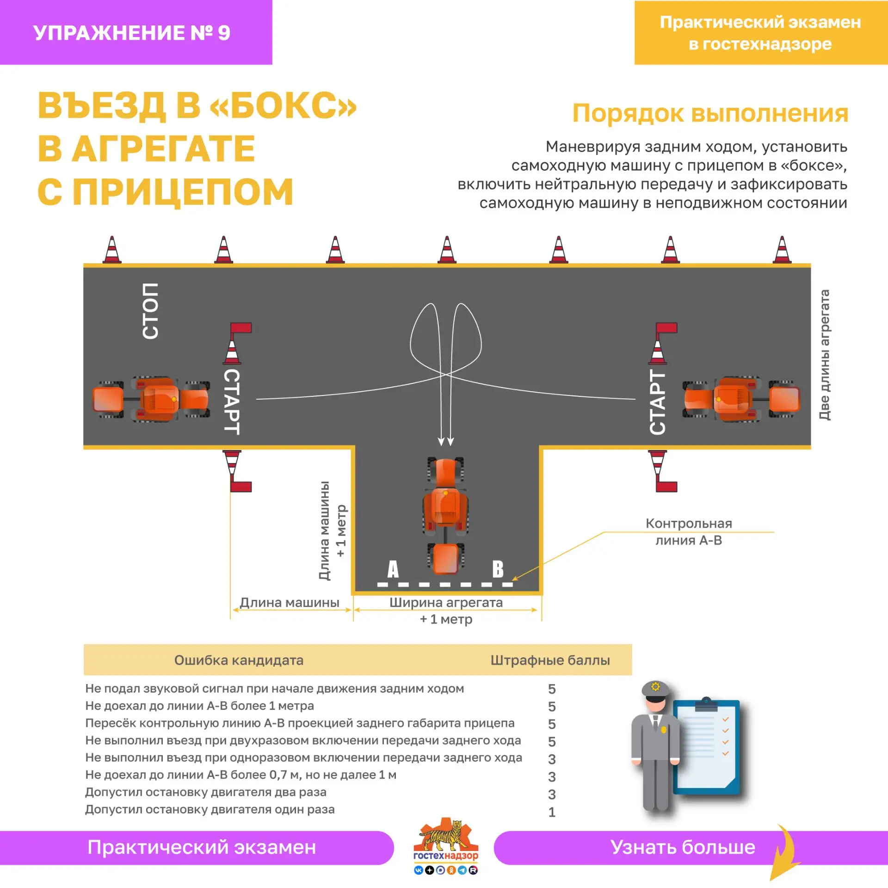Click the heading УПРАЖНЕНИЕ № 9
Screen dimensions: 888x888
point(132,33)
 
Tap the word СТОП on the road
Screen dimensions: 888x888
point(151,311)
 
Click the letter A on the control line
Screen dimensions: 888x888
point(393,569)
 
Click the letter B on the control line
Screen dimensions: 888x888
point(498,569)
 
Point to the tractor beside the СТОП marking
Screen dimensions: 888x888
point(151,399)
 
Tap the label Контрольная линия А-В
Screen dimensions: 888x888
point(689,532)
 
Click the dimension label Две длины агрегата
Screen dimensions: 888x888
point(824,355)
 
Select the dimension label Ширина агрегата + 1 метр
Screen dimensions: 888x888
point(446,610)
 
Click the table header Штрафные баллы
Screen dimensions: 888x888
point(550,660)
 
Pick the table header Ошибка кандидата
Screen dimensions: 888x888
point(239,660)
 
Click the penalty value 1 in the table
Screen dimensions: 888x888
point(552,812)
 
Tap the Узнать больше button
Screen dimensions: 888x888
point(683,847)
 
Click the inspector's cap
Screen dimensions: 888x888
point(655,689)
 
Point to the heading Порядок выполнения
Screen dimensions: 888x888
point(710,113)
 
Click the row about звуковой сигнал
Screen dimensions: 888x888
point(274,688)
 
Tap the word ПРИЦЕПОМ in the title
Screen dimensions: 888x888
point(183,191)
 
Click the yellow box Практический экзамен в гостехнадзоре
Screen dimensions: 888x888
point(761,33)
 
